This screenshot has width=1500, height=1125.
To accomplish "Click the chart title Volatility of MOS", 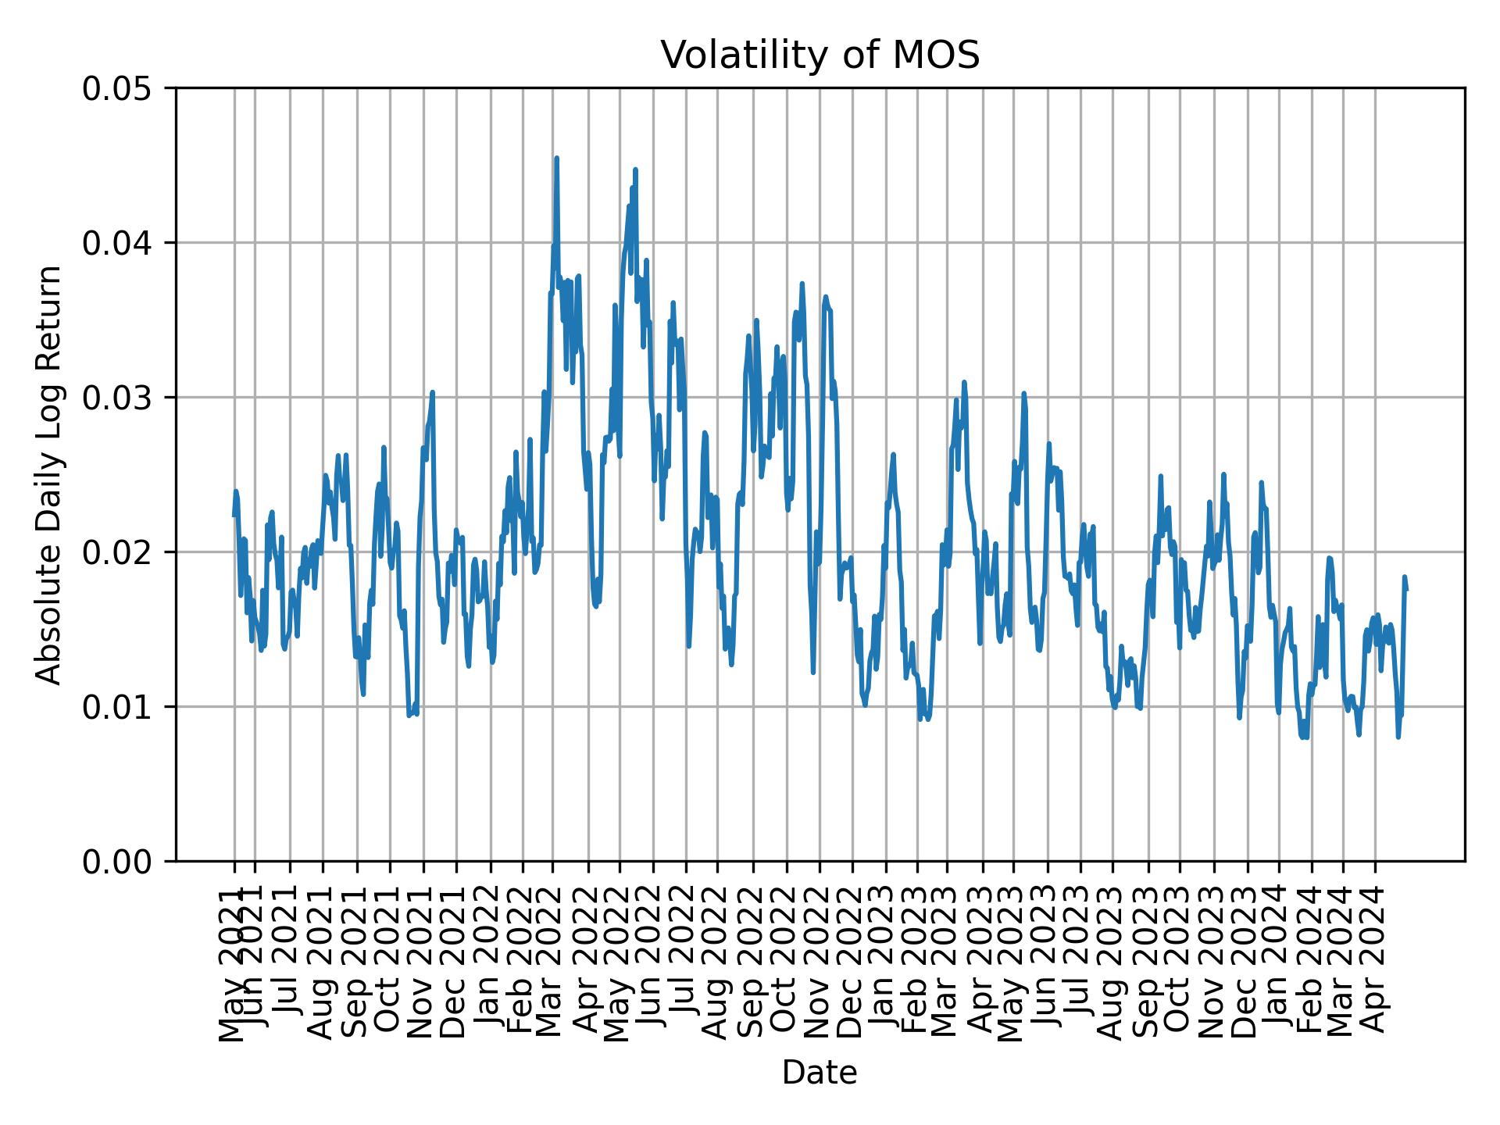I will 820,55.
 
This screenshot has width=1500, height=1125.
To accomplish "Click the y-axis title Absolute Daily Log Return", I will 49,474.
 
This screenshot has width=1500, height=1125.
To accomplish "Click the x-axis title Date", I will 820,1073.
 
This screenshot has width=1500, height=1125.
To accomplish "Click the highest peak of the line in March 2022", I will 556,158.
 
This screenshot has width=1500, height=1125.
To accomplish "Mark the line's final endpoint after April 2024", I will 1406,591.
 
